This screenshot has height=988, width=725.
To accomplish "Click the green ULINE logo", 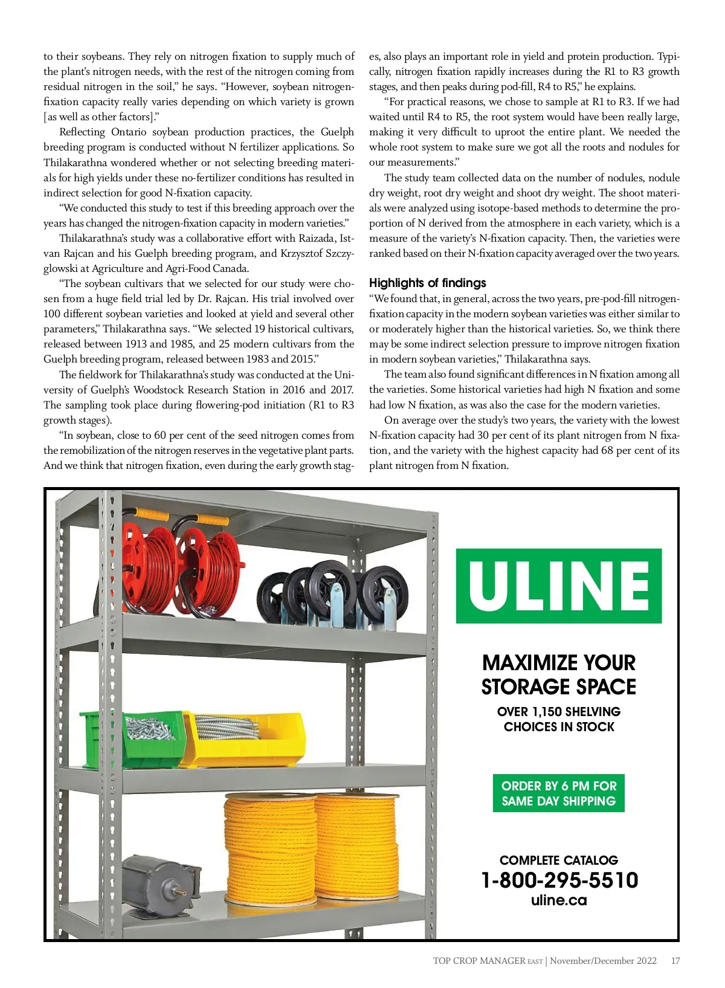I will (559, 586).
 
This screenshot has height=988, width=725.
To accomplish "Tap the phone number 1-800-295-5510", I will (559, 880).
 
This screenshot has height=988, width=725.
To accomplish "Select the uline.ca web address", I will (559, 900).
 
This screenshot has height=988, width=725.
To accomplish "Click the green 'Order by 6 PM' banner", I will (558, 793).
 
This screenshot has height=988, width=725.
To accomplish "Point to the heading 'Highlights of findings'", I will (427, 283).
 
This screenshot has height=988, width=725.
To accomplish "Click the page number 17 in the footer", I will (675, 961).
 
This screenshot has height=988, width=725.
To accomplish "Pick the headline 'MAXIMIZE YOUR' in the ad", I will (559, 663).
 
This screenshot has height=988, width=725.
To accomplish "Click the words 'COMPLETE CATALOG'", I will (559, 860).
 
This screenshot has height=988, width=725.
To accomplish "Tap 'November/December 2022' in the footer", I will (603, 961).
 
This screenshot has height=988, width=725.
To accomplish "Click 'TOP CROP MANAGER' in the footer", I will (478, 961).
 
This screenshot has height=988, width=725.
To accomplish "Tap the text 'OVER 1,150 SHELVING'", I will (559, 711).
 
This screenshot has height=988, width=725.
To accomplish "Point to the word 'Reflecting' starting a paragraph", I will (82, 132).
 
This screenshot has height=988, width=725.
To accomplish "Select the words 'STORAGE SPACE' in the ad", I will (559, 687).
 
